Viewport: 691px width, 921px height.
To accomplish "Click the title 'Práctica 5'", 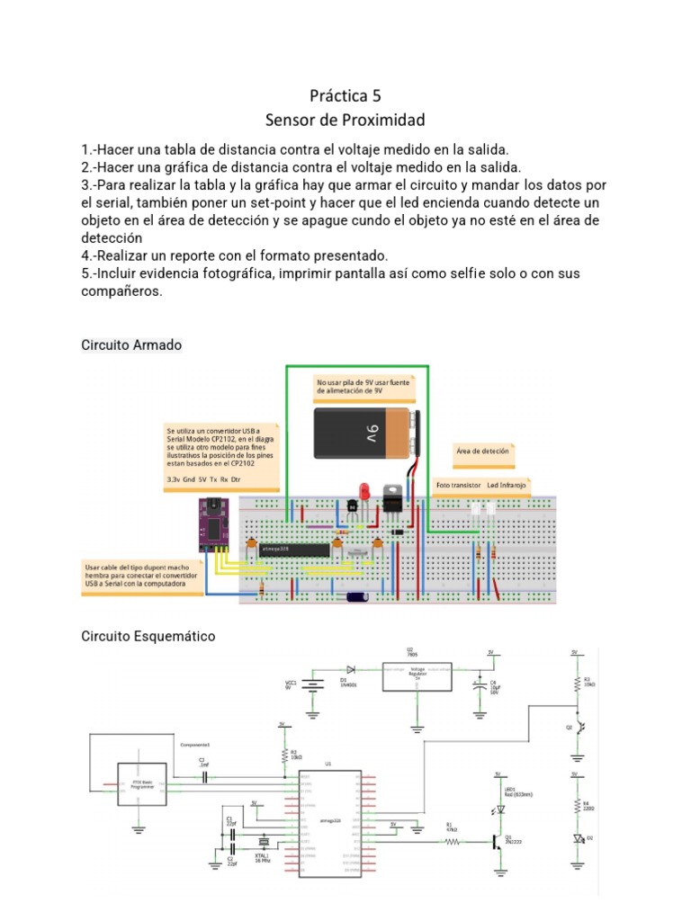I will tap(345, 95).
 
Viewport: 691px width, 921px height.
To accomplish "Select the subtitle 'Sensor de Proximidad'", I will tap(345, 120).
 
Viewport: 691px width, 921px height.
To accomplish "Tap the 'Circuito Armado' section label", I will tap(131, 344).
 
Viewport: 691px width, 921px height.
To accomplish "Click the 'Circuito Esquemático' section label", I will tap(148, 636).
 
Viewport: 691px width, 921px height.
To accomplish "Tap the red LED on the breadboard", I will tap(365, 492).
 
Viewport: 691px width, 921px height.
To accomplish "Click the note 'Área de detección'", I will tap(482, 452).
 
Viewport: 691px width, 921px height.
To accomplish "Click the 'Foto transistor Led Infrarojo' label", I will tap(481, 485).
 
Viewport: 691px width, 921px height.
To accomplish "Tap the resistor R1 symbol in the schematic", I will tap(452, 842).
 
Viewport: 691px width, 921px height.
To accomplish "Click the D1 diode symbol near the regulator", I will tap(350, 670).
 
